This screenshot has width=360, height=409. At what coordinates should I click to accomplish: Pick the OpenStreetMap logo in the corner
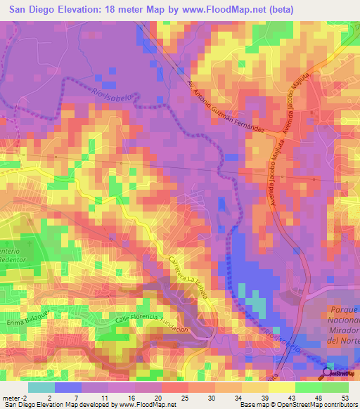pyautogui.click(x=340, y=372)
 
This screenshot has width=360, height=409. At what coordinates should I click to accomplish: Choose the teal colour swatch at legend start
pyautogui.click(x=41, y=387)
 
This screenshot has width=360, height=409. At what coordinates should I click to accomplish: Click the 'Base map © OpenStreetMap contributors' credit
pyautogui.click(x=295, y=405)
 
